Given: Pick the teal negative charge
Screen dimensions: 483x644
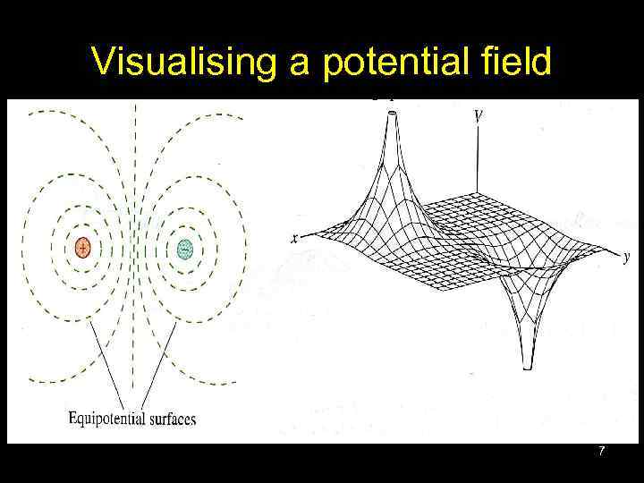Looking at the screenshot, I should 184,248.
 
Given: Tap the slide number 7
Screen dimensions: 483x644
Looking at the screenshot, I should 602,453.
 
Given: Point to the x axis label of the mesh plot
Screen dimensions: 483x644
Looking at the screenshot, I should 294,239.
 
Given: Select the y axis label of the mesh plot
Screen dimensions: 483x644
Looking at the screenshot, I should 628,257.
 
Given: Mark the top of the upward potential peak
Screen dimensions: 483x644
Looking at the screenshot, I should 391,113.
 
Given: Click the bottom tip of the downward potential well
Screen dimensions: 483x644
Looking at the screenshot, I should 527,367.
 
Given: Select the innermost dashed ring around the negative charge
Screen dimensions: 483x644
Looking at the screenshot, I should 184,224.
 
